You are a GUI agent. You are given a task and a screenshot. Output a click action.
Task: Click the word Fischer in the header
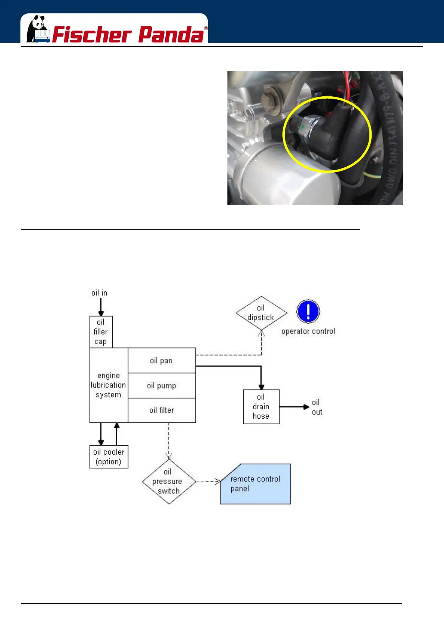pos(92,35)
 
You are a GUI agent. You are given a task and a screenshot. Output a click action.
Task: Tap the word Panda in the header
pos(172,35)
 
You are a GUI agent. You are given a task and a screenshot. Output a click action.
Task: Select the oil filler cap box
pos(101,332)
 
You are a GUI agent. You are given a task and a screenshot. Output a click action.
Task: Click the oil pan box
pos(162,360)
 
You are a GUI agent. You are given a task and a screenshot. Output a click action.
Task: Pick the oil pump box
pos(162,385)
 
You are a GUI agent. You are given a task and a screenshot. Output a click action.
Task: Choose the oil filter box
pos(162,410)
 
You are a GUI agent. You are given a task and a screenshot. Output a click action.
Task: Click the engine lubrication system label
pos(109,385)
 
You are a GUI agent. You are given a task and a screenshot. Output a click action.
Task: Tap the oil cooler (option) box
pos(109,456)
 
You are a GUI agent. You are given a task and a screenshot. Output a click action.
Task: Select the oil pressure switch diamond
pos(169,481)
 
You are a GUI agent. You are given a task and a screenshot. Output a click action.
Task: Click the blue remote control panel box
pos(256,484)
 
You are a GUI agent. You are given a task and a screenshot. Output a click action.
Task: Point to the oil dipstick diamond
pos(261,313)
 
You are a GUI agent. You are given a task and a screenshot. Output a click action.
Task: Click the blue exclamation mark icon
pos(308,311)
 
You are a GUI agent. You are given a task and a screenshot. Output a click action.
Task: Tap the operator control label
pos(308,331)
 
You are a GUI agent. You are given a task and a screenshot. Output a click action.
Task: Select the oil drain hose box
pos(261,406)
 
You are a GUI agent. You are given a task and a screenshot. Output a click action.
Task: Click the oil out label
pos(317,407)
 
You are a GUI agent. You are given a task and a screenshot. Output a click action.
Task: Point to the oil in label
pos(99,293)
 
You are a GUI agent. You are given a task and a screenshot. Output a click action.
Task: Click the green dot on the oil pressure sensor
pos(303,127)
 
